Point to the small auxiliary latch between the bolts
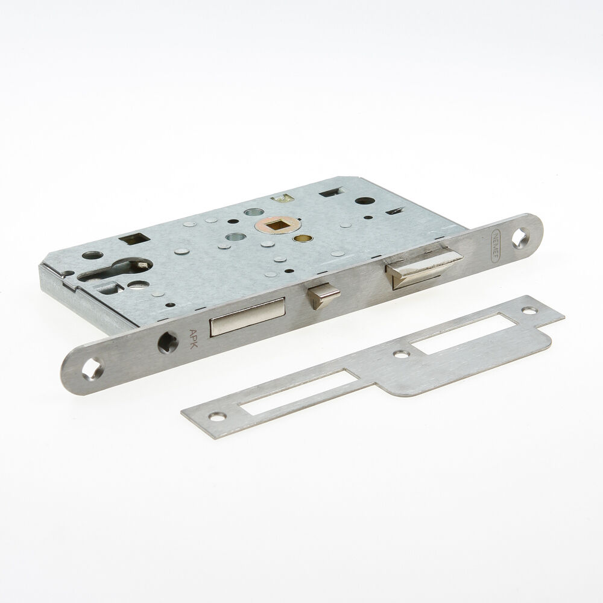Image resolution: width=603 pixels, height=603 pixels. pos(320,295)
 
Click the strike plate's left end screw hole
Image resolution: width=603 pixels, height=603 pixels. pos(215,415)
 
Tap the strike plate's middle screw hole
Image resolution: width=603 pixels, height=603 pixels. pos(399,355)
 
